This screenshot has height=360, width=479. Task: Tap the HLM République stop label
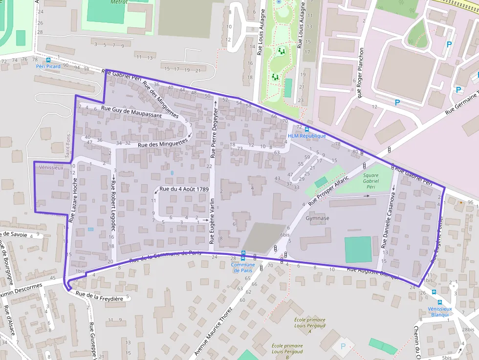[306, 136]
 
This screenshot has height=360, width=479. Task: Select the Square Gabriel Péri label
[371, 180]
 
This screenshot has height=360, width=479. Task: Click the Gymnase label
[317, 218]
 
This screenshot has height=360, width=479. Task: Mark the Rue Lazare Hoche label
[75, 200]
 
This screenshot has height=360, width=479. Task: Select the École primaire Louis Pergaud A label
[303, 325]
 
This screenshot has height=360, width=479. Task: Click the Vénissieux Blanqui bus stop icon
[440, 303]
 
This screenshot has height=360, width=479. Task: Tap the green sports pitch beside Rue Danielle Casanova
[358, 250]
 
